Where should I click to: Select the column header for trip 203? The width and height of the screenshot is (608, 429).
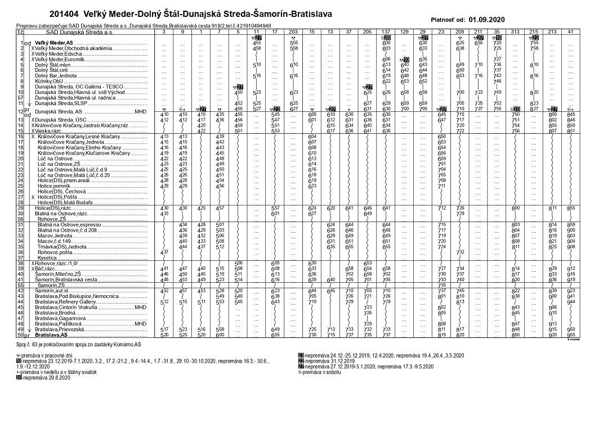tap(293, 32)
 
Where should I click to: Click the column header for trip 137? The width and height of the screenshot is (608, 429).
tap(386, 32)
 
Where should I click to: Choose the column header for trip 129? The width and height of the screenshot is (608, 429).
tap(404, 32)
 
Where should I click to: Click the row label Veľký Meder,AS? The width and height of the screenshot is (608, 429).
tap(54, 43)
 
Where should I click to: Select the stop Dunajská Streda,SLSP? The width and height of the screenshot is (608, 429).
tap(61, 103)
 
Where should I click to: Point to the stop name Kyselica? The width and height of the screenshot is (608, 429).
tap(47, 258)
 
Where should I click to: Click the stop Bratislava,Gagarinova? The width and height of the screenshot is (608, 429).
tap(60, 318)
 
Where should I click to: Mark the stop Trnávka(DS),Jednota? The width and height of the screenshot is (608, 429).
tap(62, 247)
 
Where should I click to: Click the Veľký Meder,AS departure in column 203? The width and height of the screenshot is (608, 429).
tap(293, 43)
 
